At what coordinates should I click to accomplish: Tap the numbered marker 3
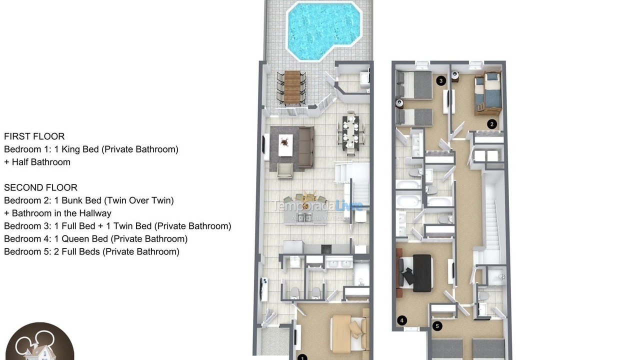(x=440, y=80)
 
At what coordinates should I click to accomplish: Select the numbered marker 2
(x=492, y=124)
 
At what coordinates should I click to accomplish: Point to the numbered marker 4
(x=402, y=320)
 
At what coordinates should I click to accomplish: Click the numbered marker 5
(x=437, y=326)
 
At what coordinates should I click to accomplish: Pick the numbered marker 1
(x=302, y=357)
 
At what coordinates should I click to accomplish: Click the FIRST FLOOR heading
(x=34, y=136)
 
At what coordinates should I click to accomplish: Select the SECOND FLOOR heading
(x=40, y=188)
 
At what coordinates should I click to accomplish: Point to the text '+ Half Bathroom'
(x=37, y=162)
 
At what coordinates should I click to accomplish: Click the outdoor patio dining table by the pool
(x=291, y=87)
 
